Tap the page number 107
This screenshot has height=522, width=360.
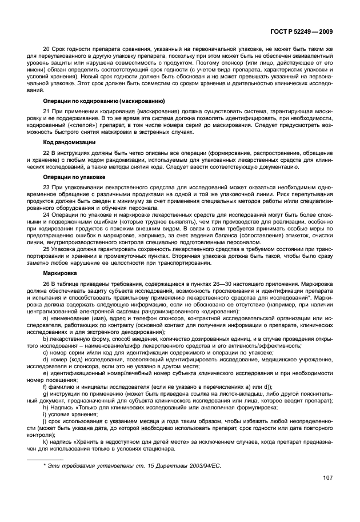(x=327, y=478)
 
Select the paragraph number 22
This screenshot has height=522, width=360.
(x=47, y=152)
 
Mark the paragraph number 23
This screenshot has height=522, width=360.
(x=47, y=188)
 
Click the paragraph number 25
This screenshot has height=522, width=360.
(x=47, y=250)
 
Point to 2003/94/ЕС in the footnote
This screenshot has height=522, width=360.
(x=202, y=465)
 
